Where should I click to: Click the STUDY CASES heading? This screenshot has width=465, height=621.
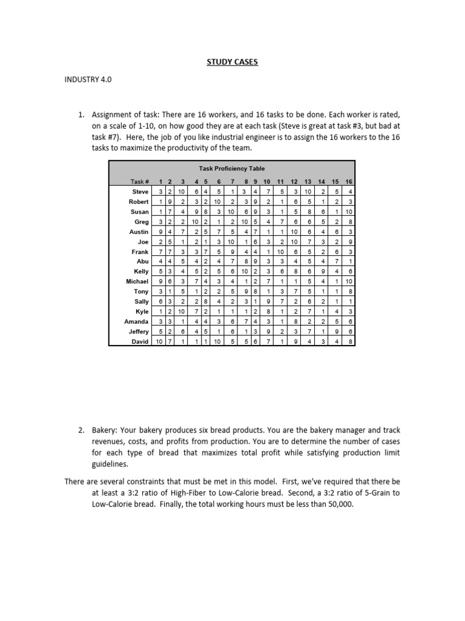(232, 61)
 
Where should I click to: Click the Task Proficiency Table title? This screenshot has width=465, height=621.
(231, 168)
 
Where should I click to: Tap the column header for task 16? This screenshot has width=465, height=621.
(348, 181)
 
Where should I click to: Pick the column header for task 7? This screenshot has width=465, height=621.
(231, 181)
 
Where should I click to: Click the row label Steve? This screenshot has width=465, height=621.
(140, 192)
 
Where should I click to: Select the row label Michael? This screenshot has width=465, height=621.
(137, 282)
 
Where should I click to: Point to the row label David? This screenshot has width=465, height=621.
(140, 341)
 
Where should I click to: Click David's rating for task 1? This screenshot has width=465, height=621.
(159, 341)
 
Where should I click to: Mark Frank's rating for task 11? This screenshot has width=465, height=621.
(281, 251)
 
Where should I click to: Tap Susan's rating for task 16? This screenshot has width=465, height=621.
(348, 212)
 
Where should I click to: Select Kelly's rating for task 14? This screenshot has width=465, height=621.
(323, 272)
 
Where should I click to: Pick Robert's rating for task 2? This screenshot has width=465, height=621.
(170, 201)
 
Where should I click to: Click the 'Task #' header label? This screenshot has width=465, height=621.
(139, 181)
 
